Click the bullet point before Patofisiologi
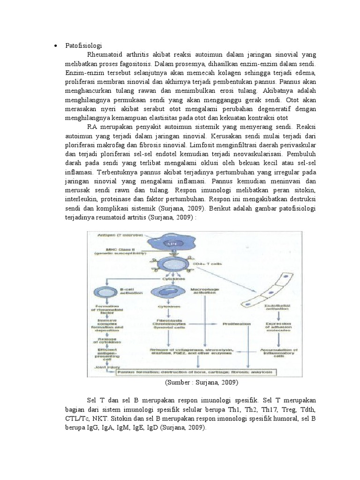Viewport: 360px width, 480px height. (54, 45)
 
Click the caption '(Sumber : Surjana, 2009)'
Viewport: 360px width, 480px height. (202, 382)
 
